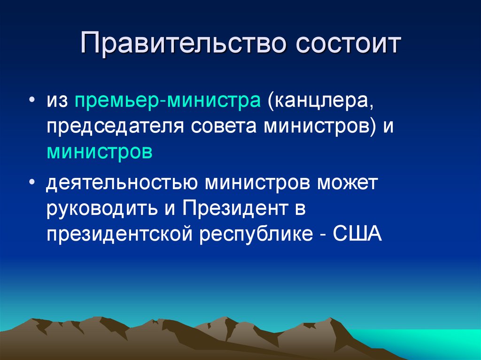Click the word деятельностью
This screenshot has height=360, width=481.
tap(122, 183)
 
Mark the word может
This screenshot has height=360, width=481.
tap(347, 183)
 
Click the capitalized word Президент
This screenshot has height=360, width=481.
tap(229, 209)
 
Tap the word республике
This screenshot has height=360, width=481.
tap(251, 235)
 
